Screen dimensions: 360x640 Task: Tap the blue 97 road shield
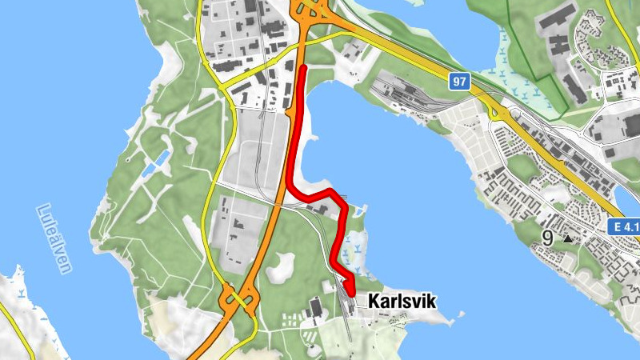[458, 82]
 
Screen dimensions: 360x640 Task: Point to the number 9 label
[547, 238]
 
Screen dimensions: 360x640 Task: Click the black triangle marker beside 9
[568, 238]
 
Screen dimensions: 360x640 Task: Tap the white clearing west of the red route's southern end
[279, 268]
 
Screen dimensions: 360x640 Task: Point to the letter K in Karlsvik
[374, 302]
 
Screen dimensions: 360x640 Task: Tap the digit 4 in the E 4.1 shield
[628, 228]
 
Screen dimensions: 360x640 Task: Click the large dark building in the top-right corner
[561, 20]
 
